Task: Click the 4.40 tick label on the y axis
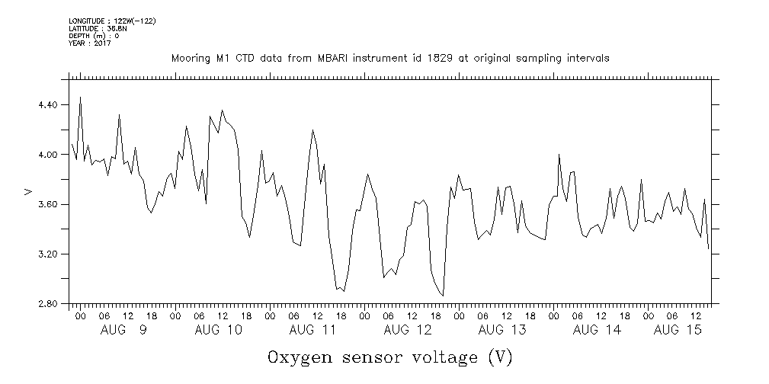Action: (x=47, y=104)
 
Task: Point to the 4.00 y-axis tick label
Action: (x=47, y=155)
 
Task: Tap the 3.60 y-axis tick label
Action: (x=47, y=205)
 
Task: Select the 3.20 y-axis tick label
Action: (x=47, y=254)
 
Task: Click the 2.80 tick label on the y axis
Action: (x=47, y=304)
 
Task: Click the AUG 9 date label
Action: (x=123, y=330)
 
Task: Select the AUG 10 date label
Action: (x=218, y=330)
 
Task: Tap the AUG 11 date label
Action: (x=312, y=330)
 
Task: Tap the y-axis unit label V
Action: (x=28, y=192)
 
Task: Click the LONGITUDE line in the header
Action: (x=112, y=21)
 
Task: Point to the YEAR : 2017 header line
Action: (x=90, y=43)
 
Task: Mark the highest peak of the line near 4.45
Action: (x=80, y=98)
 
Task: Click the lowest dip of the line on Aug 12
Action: (x=442, y=296)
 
